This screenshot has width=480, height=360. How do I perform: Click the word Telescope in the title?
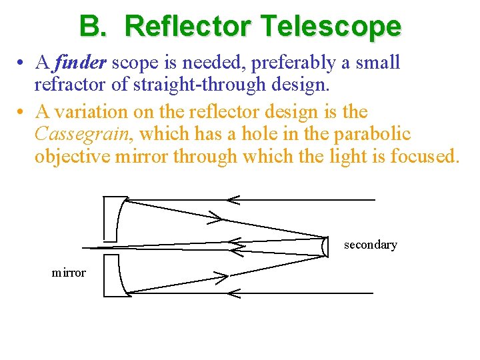331,26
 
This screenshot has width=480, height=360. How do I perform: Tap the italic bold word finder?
81,63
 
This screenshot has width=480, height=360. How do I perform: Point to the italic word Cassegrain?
85,134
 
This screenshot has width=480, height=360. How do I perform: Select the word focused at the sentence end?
425,157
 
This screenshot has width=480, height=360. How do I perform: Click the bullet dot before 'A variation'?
22,111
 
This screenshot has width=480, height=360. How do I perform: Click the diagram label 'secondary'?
370,245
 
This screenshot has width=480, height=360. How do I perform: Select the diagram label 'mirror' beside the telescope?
69,273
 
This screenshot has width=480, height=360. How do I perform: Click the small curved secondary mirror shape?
325,246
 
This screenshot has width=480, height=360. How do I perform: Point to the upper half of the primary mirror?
117,218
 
